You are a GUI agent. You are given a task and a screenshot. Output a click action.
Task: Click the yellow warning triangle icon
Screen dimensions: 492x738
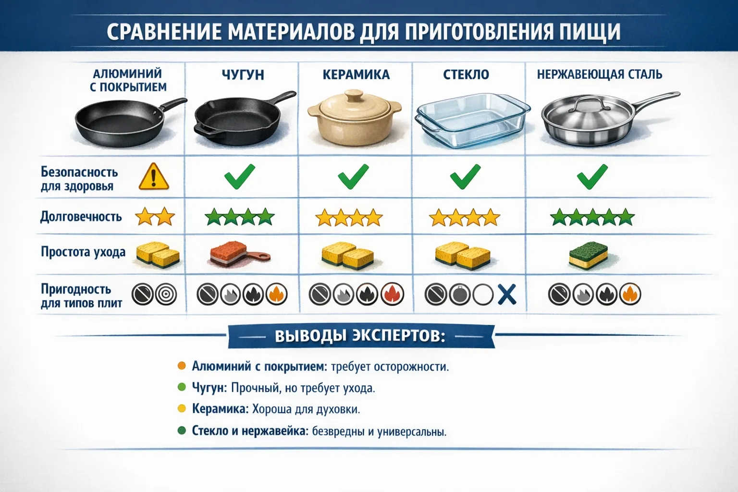pyautogui.click(x=154, y=177)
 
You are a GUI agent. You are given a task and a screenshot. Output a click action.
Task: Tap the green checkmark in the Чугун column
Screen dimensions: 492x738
pyautogui.click(x=240, y=176)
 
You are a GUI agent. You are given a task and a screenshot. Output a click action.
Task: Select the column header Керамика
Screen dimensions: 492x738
pyautogui.click(x=356, y=75)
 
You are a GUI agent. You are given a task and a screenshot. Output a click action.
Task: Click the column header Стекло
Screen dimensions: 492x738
pyautogui.click(x=466, y=75)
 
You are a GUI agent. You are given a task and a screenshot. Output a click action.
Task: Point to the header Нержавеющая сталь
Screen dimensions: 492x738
pyautogui.click(x=599, y=75)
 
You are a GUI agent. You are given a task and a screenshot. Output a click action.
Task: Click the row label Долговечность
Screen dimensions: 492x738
pyautogui.click(x=81, y=217)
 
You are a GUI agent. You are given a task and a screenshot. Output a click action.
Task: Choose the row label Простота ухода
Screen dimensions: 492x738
pyautogui.click(x=83, y=252)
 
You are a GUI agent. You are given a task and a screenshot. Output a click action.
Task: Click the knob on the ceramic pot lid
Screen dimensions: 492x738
pyautogui.click(x=356, y=96)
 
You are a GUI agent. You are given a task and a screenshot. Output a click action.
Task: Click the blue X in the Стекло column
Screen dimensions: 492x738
pyautogui.click(x=506, y=295)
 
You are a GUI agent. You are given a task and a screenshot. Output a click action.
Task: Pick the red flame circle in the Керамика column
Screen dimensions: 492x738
pyautogui.click(x=393, y=295)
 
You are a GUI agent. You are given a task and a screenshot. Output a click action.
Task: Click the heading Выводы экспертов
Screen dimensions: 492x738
pyautogui.click(x=360, y=336)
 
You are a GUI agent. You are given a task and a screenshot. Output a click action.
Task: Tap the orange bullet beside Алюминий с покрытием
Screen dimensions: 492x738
pyautogui.click(x=182, y=366)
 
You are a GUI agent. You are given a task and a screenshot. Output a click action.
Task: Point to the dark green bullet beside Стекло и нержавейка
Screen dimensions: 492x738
pyautogui.click(x=182, y=430)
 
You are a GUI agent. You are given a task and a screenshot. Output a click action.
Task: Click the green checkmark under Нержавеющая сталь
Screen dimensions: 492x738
pyautogui.click(x=592, y=176)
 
